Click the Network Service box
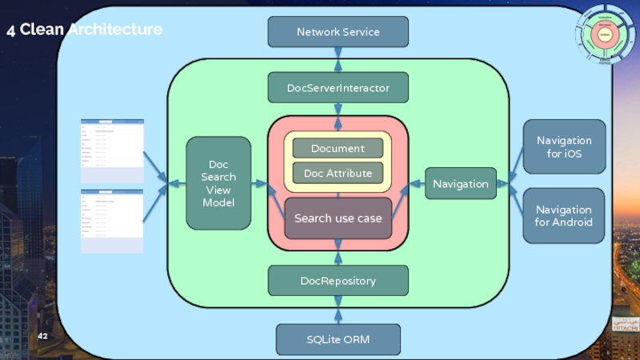[338, 32]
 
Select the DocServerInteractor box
[338, 88]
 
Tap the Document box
[338, 148]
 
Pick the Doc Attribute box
[338, 174]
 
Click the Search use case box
[338, 218]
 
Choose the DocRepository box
[338, 281]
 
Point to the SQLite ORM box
[338, 339]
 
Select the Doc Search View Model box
[218, 183]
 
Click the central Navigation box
[460, 184]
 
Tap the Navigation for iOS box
[563, 147]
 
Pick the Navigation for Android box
[563, 216]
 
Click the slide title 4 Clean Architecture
[84, 30]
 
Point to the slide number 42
[42, 336]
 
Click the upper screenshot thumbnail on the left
[112, 150]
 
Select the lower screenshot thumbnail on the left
[112, 221]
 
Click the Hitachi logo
[626, 324]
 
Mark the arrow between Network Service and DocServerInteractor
[338, 59]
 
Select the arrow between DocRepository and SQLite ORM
[338, 310]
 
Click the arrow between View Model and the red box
[259, 184]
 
